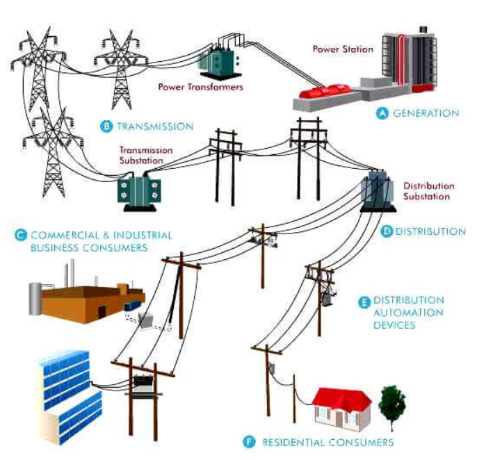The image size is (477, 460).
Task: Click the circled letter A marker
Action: pyautogui.click(x=381, y=113)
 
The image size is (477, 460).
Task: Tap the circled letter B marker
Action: pyautogui.click(x=106, y=126)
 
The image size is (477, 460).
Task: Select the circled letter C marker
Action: pyautogui.click(x=20, y=236)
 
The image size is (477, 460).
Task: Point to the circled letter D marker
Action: pyautogui.click(x=387, y=231)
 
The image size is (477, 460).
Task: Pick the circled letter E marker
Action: pyautogui.click(x=364, y=302)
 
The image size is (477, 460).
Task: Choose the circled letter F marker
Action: pyautogui.click(x=250, y=441)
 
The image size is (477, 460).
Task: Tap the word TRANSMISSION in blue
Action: pyautogui.click(x=154, y=126)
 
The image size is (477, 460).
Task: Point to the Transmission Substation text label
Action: pyautogui.click(x=141, y=154)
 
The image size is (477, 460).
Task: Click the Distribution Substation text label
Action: pyautogui.click(x=429, y=191)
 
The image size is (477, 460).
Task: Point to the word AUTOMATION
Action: pyautogui.click(x=409, y=313)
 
